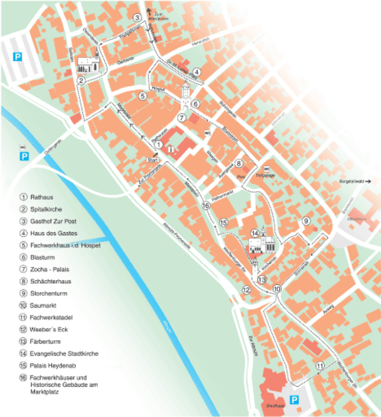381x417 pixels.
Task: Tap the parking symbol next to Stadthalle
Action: tap(295, 400)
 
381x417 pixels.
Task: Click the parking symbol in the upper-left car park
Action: tap(17, 56)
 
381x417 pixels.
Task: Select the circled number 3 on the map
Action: tap(137, 18)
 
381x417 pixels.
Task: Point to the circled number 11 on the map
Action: tap(320, 366)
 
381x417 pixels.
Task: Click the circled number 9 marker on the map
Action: tap(306, 221)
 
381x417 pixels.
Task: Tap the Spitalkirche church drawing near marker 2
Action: tap(88, 64)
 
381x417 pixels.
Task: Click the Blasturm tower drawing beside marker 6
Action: tap(186, 96)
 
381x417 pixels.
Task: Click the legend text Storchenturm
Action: tap(48, 293)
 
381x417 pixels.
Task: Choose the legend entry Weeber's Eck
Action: tap(48, 329)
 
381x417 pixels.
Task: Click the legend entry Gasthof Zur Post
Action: tap(53, 221)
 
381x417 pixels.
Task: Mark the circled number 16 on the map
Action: tap(206, 205)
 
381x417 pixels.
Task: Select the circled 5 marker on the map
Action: tap(143, 96)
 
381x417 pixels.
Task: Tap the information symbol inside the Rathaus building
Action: tap(170, 148)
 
